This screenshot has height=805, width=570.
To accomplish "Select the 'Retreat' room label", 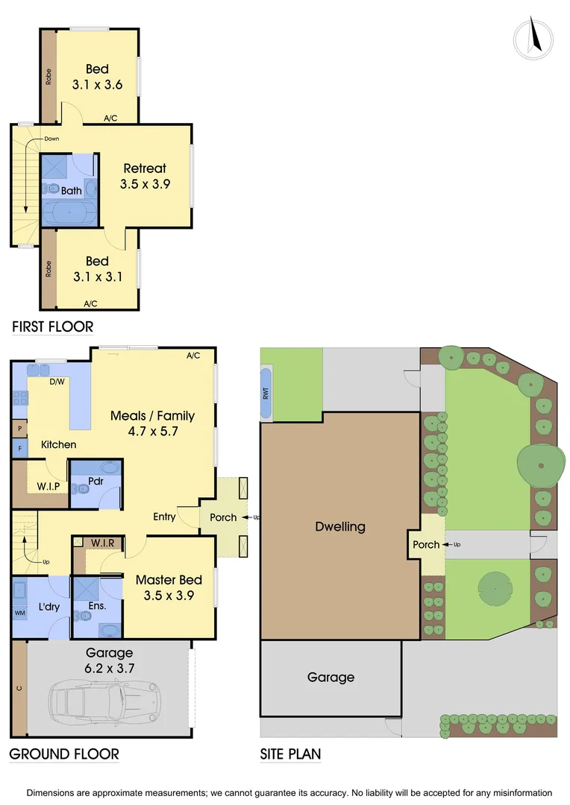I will pyautogui.click(x=145, y=168).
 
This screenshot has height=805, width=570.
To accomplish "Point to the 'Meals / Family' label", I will pyautogui.click(x=152, y=416).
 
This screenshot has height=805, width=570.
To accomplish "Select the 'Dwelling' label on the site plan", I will pyautogui.click(x=340, y=526).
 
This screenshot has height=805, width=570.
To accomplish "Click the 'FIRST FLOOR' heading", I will pyautogui.click(x=52, y=326).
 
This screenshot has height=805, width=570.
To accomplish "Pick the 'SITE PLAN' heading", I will pyautogui.click(x=290, y=754).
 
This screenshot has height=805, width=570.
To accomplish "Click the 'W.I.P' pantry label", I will pyautogui.click(x=48, y=487).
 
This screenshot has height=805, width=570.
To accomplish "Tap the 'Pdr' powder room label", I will pyautogui.click(x=95, y=481).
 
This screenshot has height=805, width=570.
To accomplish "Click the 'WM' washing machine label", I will pyautogui.click(x=20, y=613).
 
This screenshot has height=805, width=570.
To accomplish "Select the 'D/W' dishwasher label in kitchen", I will pyautogui.click(x=56, y=382).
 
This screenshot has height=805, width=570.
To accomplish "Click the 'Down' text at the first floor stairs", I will pyautogui.click(x=51, y=139).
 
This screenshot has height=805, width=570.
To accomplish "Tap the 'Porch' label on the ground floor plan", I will pyautogui.click(x=223, y=517).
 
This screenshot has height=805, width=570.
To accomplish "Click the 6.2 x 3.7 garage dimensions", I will pyautogui.click(x=110, y=669).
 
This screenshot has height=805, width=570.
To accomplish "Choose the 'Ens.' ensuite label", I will pyautogui.click(x=97, y=606).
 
